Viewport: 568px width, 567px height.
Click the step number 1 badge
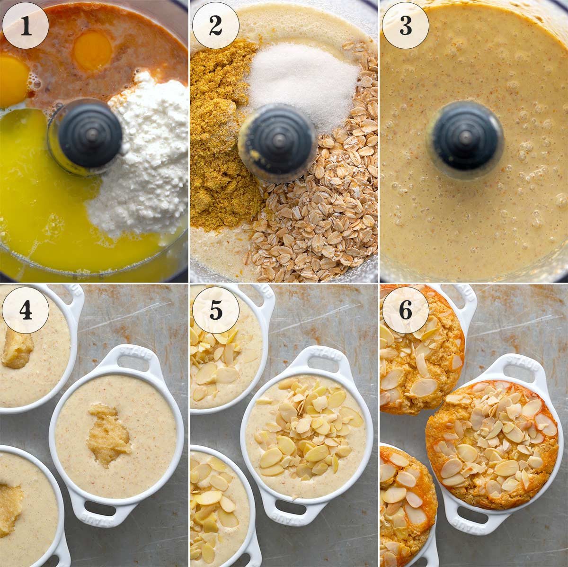click(x=26, y=26)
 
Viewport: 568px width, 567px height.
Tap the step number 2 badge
click(x=216, y=26)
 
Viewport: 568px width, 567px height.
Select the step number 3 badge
click(x=406, y=26)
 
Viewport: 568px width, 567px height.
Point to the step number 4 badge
click(x=26, y=310)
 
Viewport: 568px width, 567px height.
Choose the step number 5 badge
click(x=216, y=310)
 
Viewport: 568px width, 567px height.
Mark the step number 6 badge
click(x=406, y=310)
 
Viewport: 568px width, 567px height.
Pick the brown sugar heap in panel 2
click(x=218, y=142)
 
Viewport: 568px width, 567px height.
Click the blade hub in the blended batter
click(x=465, y=138)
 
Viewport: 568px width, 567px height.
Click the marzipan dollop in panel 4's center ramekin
click(x=108, y=436)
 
